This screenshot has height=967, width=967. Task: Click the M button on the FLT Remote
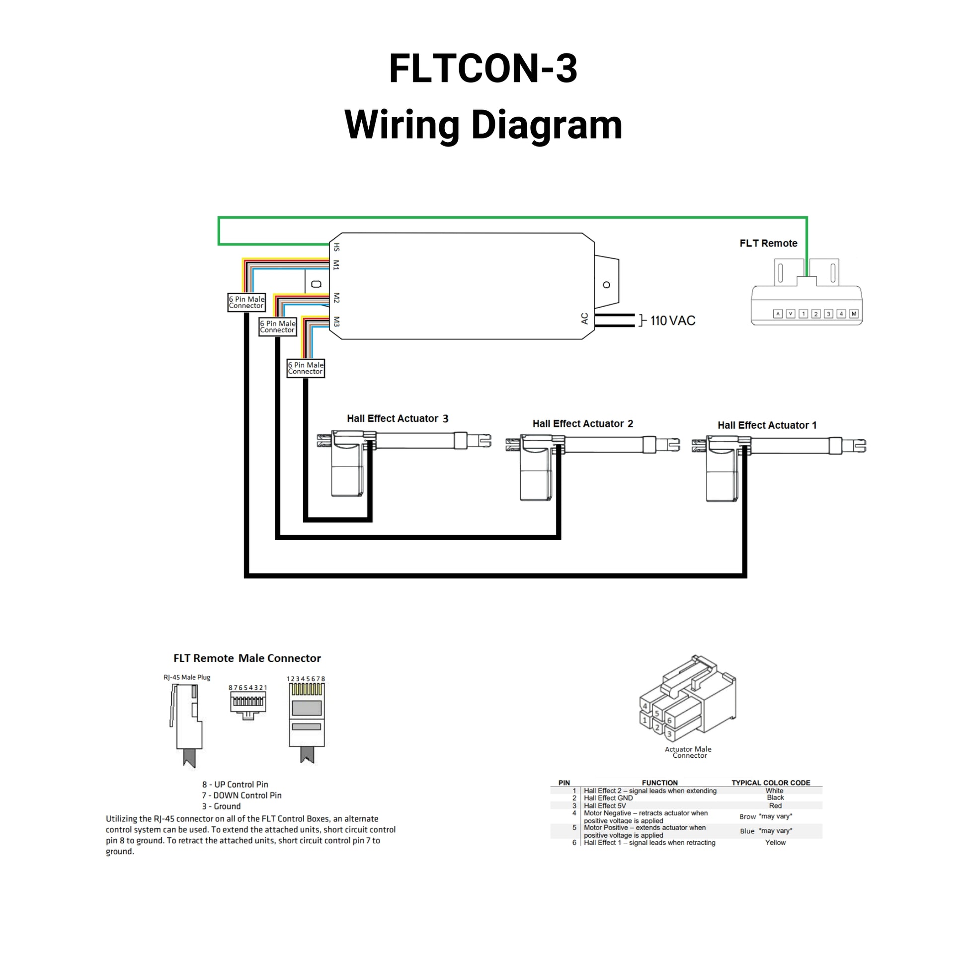pyautogui.click(x=854, y=314)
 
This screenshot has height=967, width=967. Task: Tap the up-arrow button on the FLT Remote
pyautogui.click(x=778, y=314)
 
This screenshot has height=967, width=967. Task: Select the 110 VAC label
pyautogui.click(x=673, y=321)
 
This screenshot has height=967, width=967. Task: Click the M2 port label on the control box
pyautogui.click(x=336, y=298)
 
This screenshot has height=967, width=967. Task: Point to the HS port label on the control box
pyautogui.click(x=336, y=247)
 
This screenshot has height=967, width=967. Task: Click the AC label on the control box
pyautogui.click(x=584, y=319)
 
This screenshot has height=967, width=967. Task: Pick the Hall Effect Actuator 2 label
pyautogui.click(x=582, y=424)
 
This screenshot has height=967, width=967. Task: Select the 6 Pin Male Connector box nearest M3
pyautogui.click(x=306, y=368)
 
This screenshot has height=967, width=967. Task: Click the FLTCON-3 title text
pyautogui.click(x=483, y=69)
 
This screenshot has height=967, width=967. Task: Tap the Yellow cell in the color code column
pyautogui.click(x=775, y=843)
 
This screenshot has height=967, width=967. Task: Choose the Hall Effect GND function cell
pyautogui.click(x=608, y=798)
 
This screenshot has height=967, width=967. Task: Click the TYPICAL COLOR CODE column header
pyautogui.click(x=771, y=783)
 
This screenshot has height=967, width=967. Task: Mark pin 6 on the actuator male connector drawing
pyautogui.click(x=669, y=721)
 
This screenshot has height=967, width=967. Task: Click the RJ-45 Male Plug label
pyautogui.click(x=187, y=677)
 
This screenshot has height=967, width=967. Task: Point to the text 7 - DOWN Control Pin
pyautogui.click(x=242, y=796)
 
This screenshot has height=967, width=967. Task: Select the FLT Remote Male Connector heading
pyautogui.click(x=247, y=658)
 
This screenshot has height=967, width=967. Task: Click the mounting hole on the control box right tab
pyautogui.click(x=607, y=285)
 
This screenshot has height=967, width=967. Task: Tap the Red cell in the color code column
pyautogui.click(x=775, y=806)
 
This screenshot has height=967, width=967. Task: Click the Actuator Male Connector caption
pyautogui.click(x=688, y=752)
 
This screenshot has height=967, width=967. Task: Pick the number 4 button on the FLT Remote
pyautogui.click(x=841, y=314)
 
